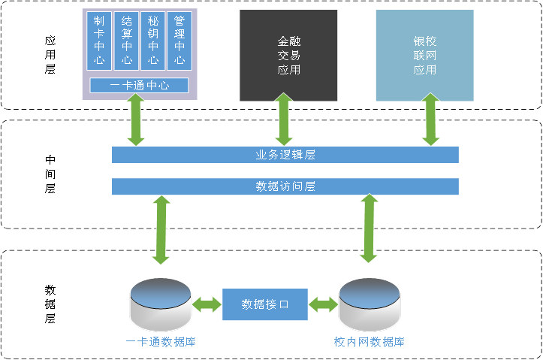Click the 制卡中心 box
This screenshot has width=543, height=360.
click(99, 40)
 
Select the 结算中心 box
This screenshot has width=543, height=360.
click(126, 40)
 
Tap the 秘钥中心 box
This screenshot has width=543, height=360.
click(153, 40)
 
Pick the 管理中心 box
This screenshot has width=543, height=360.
click(179, 40)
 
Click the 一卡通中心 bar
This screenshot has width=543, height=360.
click(139, 86)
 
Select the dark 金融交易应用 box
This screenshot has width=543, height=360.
click(288, 56)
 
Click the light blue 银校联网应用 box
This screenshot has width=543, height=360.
click(424, 56)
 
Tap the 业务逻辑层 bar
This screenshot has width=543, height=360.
click(285, 155)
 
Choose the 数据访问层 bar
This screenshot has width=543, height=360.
click(285, 186)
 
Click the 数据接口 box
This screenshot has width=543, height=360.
click(265, 304)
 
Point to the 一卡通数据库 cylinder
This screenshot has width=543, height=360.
click(161, 304)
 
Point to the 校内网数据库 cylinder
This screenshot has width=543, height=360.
click(369, 304)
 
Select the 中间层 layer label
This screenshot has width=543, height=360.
click(50, 174)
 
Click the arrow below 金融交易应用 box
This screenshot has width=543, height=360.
click(283, 119)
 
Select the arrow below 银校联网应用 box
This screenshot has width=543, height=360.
click(430, 119)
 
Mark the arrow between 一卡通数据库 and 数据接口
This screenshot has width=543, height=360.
click(207, 305)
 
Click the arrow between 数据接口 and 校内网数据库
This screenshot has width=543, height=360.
click(323, 305)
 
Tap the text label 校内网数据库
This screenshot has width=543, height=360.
click(370, 342)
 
